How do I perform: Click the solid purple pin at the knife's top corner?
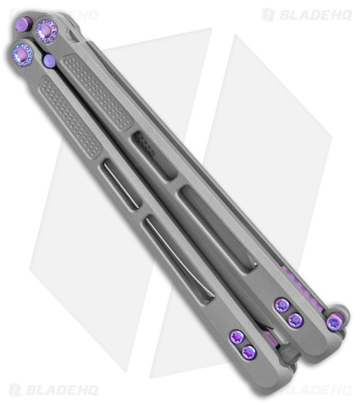(24, 24)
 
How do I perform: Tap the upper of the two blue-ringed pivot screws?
(46, 30)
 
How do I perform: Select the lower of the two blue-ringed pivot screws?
(22, 55)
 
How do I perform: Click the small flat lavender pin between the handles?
(49, 60)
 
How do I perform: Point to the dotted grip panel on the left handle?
(70, 117)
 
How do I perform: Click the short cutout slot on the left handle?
(120, 184)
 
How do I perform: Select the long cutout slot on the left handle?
(178, 260)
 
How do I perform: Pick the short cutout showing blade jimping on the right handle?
(153, 157)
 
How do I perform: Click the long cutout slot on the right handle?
(217, 229)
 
